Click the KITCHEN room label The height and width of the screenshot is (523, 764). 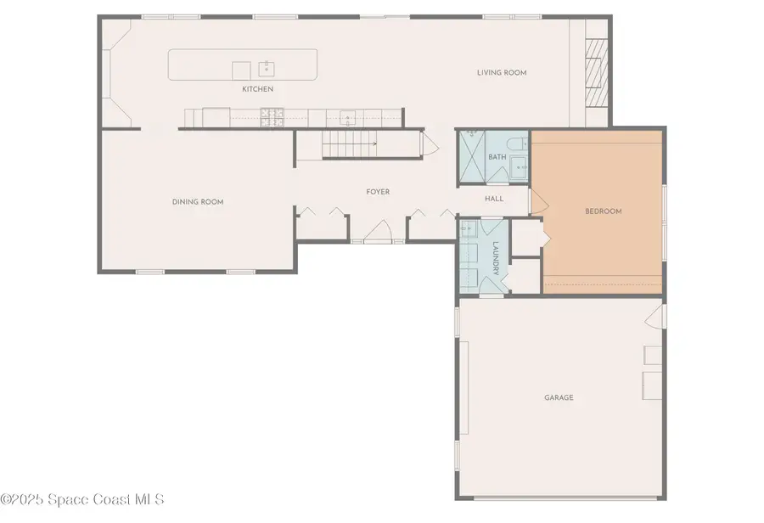pyautogui.click(x=257, y=89)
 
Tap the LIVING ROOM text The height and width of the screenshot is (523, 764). pyautogui.click(x=501, y=73)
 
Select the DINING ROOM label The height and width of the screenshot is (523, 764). pyautogui.click(x=198, y=202)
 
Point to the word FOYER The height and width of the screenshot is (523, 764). pyautogui.click(x=378, y=192)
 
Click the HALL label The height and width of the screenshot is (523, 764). pyautogui.click(x=493, y=199)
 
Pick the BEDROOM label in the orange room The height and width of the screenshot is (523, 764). pyautogui.click(x=604, y=211)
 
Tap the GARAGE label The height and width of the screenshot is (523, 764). pyautogui.click(x=559, y=397)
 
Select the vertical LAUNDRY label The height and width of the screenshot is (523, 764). pyautogui.click(x=496, y=258)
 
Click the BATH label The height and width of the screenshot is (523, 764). pyautogui.click(x=497, y=157)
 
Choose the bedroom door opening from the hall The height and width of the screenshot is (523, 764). pyautogui.click(x=536, y=200)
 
